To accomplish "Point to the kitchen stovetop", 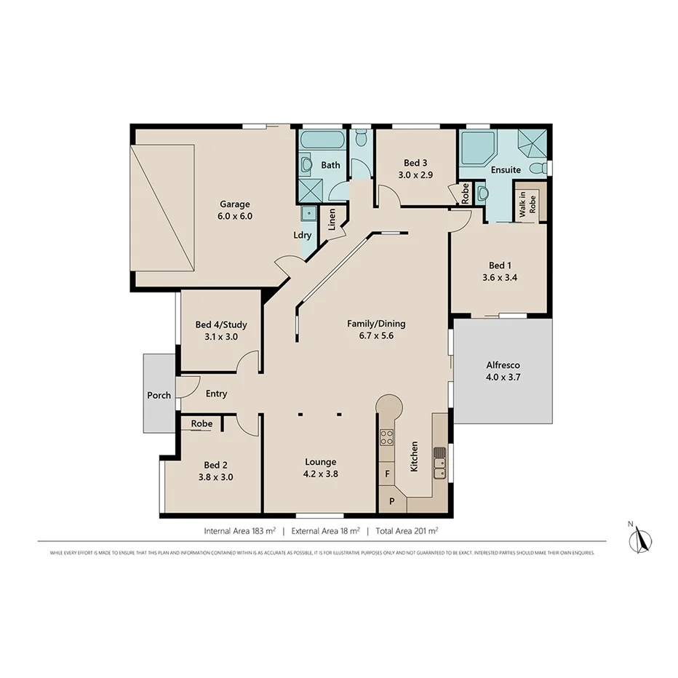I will [387, 437].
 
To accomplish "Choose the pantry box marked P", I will [391, 501].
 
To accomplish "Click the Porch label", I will [159, 395].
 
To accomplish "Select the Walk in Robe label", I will [527, 205].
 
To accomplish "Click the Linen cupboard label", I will [332, 220].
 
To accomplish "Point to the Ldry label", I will [302, 235].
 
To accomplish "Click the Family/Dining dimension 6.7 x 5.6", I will [376, 336].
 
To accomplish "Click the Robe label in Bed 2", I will [202, 423].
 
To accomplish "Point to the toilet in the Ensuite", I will [536, 169].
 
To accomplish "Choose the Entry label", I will [216, 394].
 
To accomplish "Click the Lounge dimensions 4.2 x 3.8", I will [320, 474].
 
